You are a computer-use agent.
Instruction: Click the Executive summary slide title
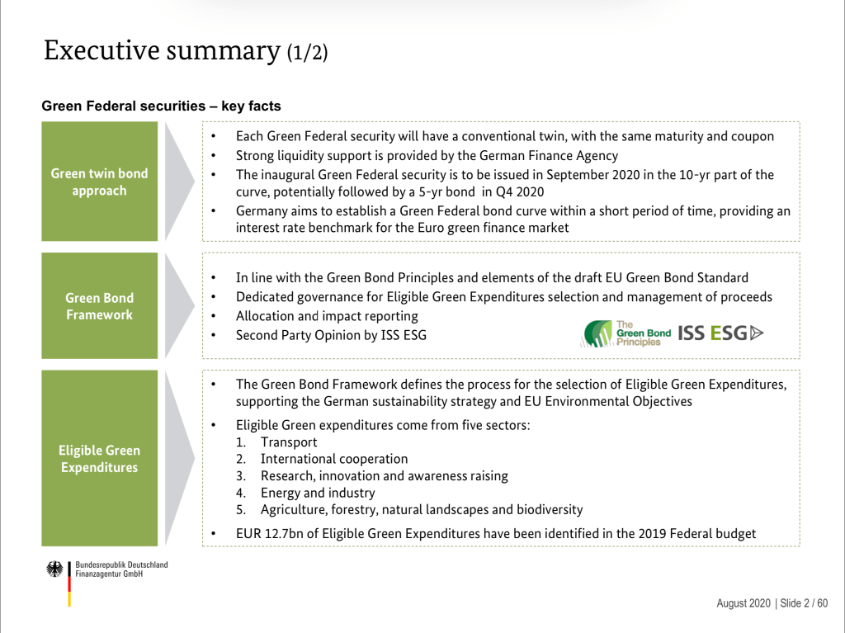(x=186, y=50)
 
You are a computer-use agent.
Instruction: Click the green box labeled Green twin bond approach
(x=100, y=182)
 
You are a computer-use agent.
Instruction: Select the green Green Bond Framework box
(x=100, y=305)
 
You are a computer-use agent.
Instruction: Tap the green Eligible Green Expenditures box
(x=100, y=458)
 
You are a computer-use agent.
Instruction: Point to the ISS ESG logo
(x=720, y=333)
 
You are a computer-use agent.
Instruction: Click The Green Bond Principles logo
(x=625, y=333)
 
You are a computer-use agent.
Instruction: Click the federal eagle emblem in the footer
(x=54, y=569)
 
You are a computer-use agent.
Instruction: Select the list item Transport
(x=289, y=442)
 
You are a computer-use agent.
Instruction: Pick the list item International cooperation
(x=334, y=459)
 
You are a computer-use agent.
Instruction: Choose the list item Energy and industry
(x=318, y=493)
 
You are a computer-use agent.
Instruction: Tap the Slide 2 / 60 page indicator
(x=804, y=603)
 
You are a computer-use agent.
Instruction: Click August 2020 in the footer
(x=744, y=603)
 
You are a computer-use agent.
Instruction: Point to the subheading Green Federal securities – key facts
(x=161, y=106)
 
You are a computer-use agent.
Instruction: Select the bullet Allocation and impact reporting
(x=327, y=316)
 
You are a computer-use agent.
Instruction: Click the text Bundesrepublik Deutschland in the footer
(x=122, y=565)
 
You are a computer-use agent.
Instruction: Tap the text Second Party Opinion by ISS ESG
(x=331, y=335)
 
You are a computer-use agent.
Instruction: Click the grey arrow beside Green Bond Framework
(x=179, y=305)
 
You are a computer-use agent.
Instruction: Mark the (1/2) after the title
(x=307, y=53)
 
